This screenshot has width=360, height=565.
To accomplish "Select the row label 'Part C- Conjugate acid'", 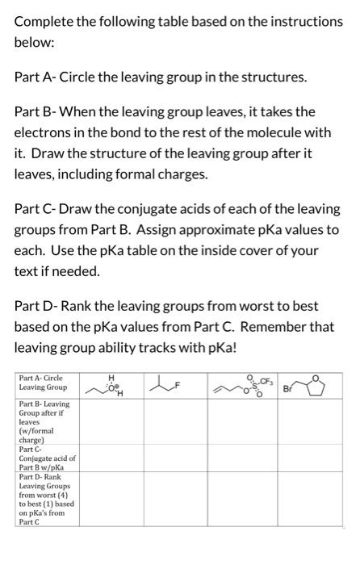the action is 47,459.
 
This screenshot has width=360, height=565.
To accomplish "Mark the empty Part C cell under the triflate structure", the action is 243,459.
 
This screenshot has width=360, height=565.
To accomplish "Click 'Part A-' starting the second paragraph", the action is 36,77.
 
